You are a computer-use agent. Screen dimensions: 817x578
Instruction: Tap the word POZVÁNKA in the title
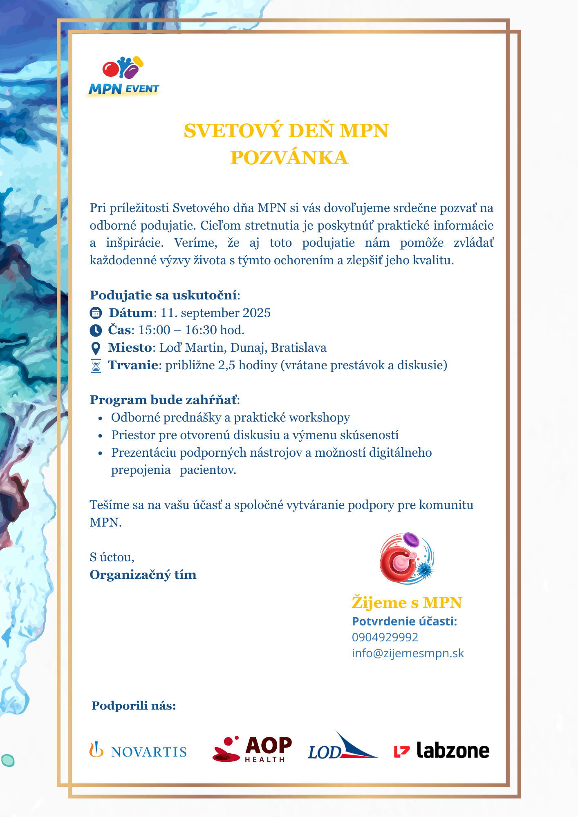pos(289,158)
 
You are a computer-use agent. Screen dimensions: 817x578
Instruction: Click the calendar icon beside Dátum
pos(96,313)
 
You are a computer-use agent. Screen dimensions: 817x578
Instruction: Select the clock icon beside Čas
pos(96,330)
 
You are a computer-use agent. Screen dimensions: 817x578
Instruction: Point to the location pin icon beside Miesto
pos(96,348)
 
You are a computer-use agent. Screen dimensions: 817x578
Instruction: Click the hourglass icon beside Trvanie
pos(96,366)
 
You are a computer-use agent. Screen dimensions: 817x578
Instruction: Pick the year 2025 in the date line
pos(256,313)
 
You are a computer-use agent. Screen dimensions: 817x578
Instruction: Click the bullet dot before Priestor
pos(100,436)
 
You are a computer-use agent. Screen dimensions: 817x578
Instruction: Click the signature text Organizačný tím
pos(143,575)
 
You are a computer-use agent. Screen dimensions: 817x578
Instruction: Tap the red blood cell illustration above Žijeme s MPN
pos(406,558)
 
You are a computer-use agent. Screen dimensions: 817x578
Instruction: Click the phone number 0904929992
pos(385,637)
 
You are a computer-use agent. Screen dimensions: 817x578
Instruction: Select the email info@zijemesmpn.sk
pos(408,653)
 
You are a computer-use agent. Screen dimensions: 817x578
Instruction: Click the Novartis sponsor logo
pos(138,751)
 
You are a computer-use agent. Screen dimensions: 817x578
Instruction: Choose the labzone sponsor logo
pos(441,750)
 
